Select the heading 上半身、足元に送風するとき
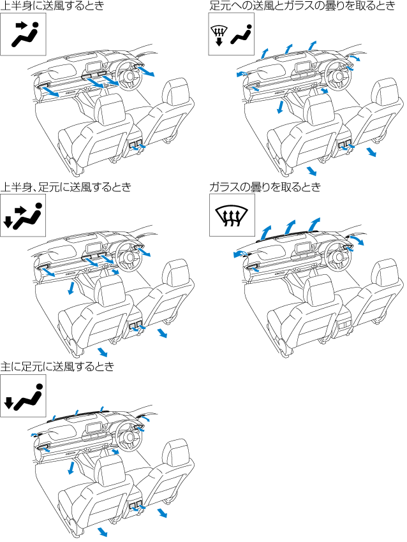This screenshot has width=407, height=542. [x=66, y=187]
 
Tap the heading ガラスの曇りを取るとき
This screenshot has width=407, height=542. [x=265, y=187]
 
